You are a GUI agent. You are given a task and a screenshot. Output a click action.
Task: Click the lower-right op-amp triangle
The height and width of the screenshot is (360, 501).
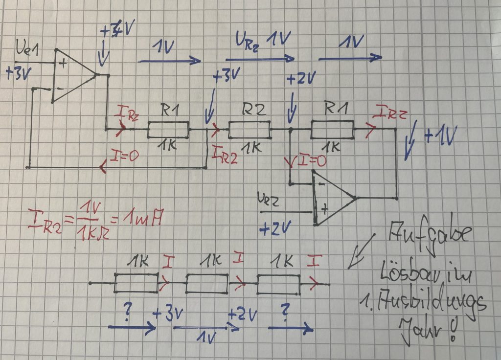(333, 198)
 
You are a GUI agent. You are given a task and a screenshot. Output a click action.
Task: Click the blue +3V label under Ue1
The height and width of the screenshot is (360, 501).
(18, 74)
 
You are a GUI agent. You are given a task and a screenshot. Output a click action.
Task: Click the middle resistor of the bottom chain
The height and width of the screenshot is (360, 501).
(207, 283)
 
